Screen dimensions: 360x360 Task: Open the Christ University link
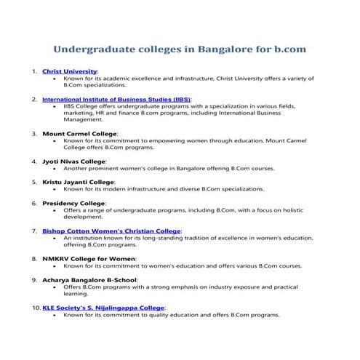(x=70, y=72)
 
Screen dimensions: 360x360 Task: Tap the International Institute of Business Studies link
(x=116, y=98)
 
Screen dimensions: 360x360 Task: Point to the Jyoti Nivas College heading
(x=73, y=161)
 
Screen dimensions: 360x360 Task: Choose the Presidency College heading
(x=73, y=203)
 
